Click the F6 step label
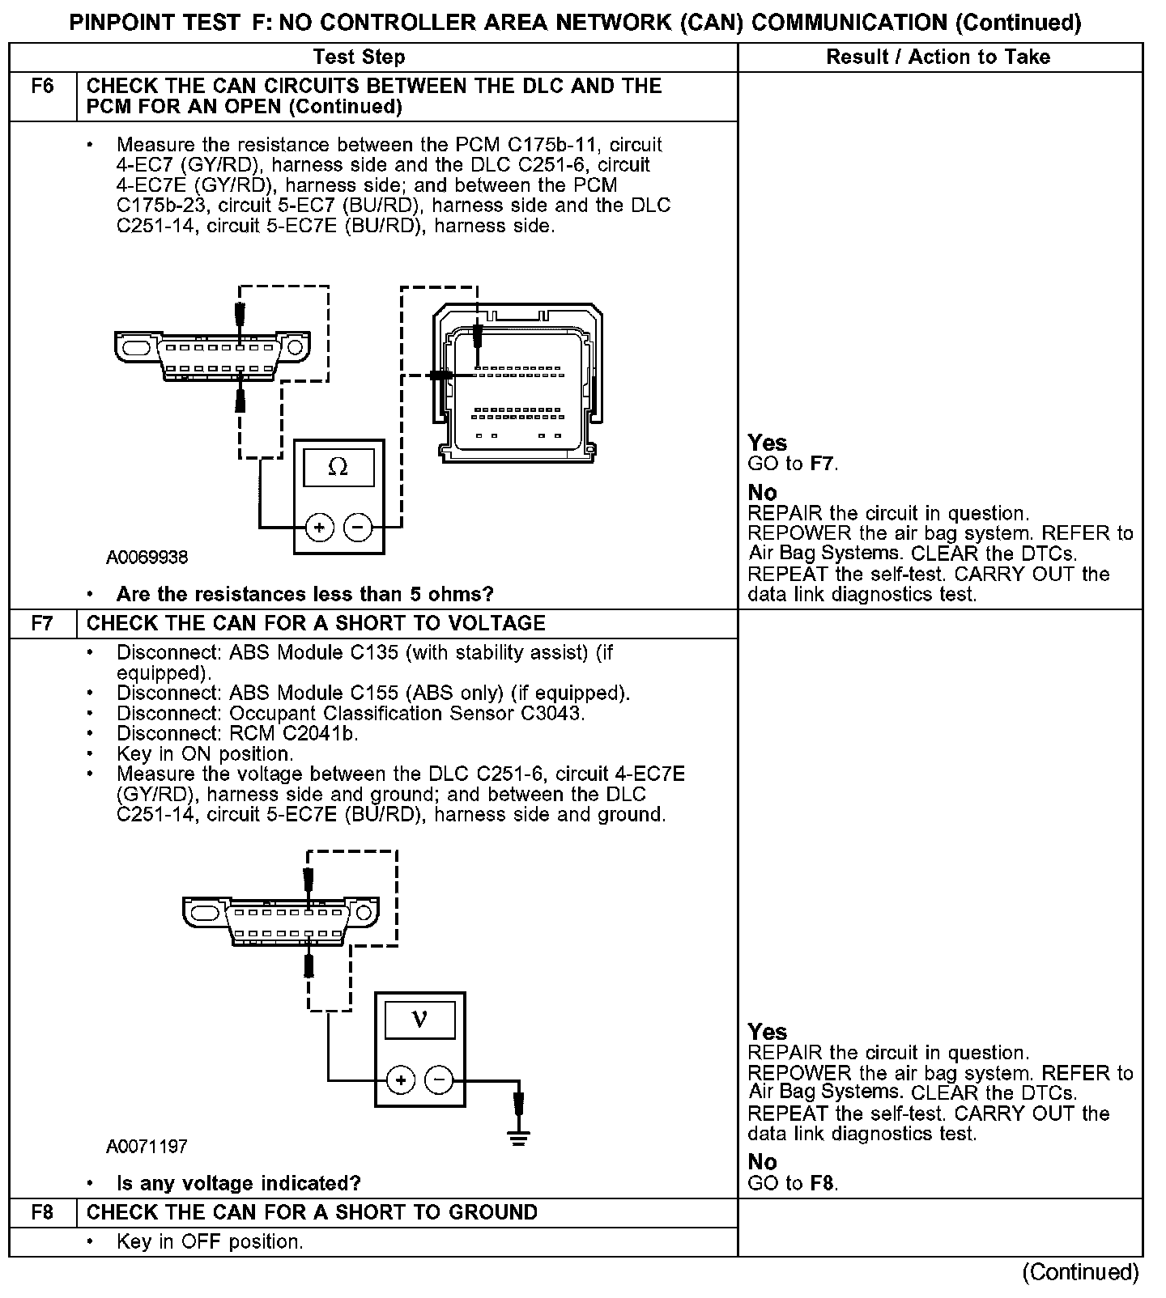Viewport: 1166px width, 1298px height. point(42,87)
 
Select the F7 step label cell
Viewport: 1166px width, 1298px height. point(42,623)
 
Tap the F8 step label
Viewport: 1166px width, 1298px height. point(42,1212)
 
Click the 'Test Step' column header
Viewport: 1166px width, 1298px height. point(359,57)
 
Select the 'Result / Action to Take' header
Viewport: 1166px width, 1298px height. point(938,57)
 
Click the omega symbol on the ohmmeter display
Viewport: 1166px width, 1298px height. point(338,468)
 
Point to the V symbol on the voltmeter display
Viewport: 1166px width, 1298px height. point(419,1019)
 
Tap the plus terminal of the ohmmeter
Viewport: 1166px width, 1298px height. point(320,528)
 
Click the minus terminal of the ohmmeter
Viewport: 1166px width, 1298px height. point(358,528)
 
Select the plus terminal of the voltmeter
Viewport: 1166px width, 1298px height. point(401,1080)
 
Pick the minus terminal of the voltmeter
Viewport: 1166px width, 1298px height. point(439,1080)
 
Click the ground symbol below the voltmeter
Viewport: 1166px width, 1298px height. point(519,1137)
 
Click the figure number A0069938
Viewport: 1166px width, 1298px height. point(147,558)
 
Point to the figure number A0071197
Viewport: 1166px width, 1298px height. point(147,1147)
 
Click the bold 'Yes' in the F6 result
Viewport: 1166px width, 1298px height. point(767,443)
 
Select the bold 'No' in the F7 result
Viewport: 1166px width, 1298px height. point(762,1162)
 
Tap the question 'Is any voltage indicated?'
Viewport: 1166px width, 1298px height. point(238,1183)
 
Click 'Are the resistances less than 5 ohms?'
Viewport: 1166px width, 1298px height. point(304,594)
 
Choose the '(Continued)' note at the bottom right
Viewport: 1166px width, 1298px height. point(1080,1272)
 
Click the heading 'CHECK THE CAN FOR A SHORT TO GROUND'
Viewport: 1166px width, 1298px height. point(312,1212)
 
